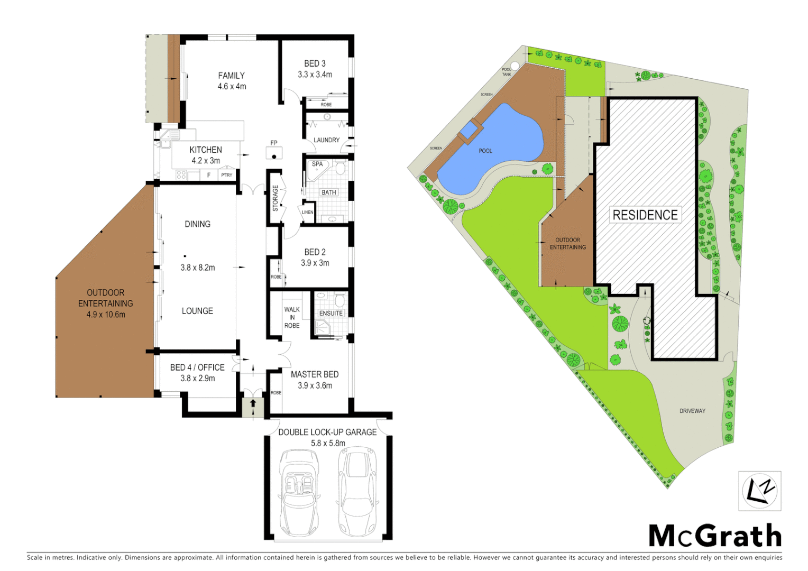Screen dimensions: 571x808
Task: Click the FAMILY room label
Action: [232, 76]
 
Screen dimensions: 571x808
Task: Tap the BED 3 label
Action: [315, 63]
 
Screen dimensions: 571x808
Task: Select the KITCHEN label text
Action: [206, 150]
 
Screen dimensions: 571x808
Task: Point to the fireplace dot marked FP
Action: [274, 156]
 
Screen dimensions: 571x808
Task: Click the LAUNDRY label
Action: [326, 140]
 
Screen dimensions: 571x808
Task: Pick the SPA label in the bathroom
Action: [317, 164]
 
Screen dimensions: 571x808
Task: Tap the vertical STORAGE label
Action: [275, 198]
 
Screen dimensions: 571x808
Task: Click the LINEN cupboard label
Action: [307, 213]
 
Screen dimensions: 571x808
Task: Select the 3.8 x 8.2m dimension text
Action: [198, 268]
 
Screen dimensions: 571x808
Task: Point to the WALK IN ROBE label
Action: [292, 317]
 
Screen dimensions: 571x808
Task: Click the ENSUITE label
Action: [331, 313]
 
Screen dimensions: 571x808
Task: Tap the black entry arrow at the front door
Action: [253, 403]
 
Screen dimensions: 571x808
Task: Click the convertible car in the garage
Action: [298, 492]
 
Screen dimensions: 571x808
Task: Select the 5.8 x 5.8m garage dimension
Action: [328, 443]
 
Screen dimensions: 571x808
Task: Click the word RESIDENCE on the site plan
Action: [645, 215]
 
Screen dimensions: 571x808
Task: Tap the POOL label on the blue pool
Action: [485, 151]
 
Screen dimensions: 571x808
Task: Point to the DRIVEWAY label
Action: [692, 411]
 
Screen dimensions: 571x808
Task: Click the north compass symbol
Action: [760, 491]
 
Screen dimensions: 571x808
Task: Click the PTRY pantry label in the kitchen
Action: [227, 175]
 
